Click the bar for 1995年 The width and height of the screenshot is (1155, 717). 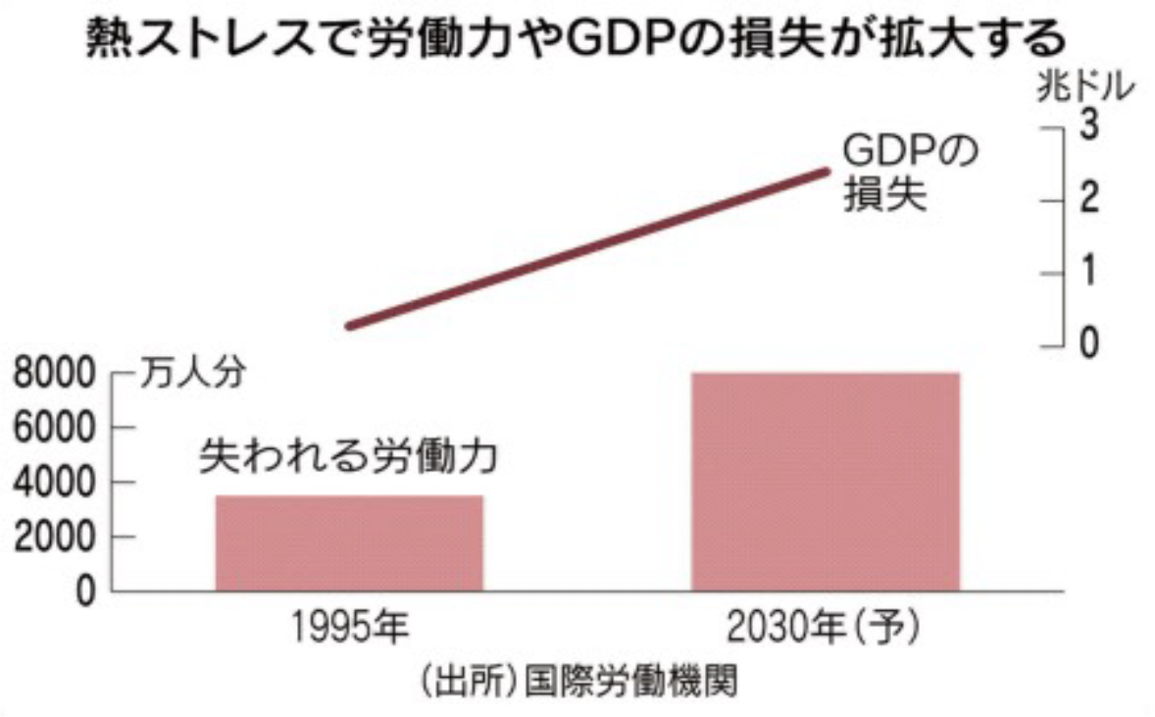(349, 542)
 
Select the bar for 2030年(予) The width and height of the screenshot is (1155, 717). (825, 482)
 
